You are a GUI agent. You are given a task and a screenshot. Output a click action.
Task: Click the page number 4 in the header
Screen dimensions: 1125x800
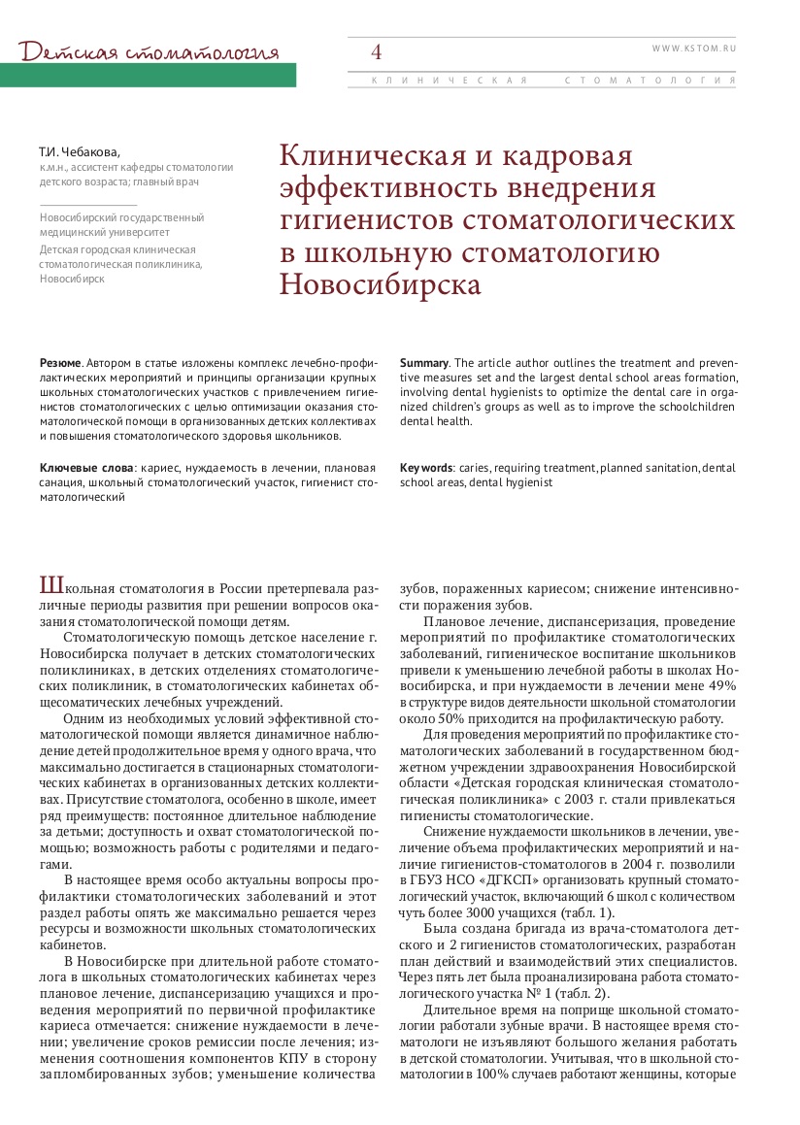coord(376,51)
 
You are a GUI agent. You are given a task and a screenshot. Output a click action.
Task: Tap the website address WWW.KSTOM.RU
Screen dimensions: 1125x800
coord(694,46)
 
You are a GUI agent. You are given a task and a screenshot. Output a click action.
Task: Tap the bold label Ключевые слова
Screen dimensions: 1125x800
coord(86,468)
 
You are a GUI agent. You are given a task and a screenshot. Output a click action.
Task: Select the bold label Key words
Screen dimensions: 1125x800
coord(426,468)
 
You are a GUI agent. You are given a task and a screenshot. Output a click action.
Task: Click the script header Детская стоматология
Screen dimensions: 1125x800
coord(150,50)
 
